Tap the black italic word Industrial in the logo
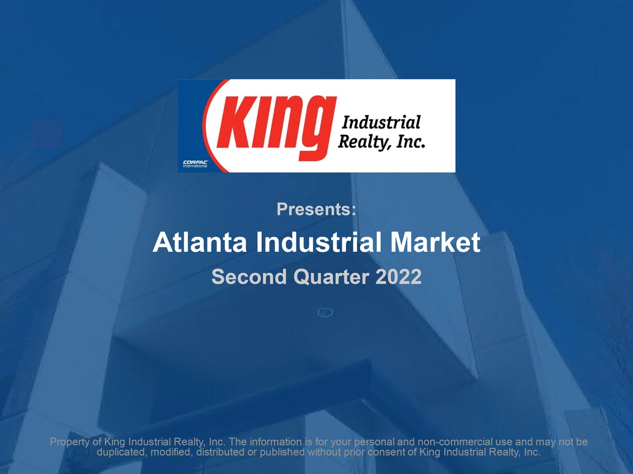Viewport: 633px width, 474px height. click(381, 122)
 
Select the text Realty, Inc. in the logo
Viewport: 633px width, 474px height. click(381, 142)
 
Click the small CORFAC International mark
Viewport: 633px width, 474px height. click(195, 164)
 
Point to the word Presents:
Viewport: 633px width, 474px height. click(316, 209)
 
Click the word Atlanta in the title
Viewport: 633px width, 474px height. click(199, 242)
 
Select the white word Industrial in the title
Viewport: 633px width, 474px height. click(319, 242)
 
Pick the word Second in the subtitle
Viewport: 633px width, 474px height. click(249, 276)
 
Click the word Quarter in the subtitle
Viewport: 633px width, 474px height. click(331, 276)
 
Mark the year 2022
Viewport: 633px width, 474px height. click(399, 276)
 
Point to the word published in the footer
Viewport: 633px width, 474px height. click(282, 452)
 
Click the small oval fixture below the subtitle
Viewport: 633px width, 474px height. click(325, 312)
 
